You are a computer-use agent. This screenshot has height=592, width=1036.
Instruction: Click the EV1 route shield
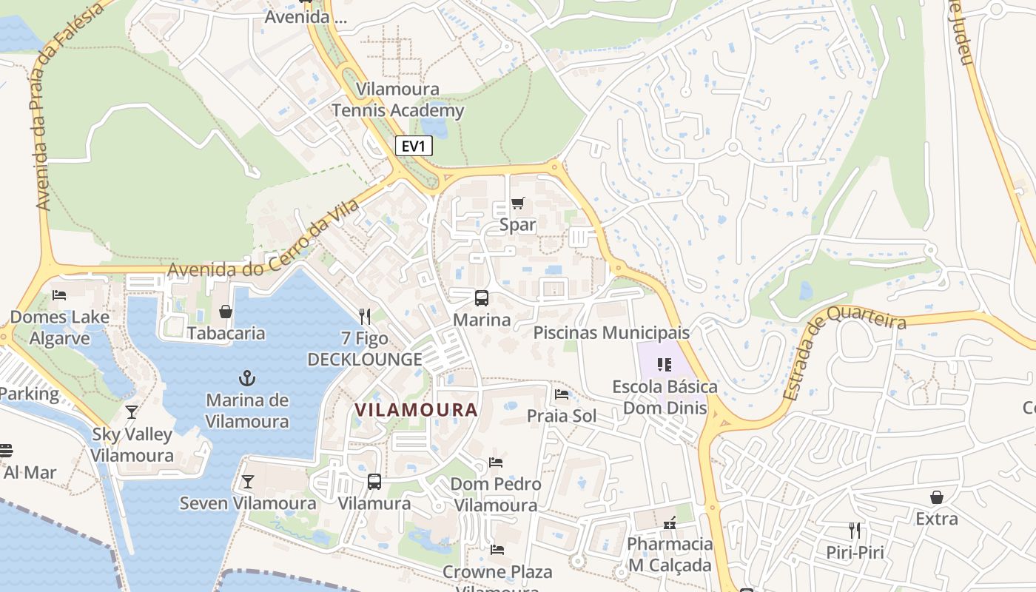click(x=414, y=146)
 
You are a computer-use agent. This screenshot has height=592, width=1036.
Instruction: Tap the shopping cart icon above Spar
click(x=518, y=203)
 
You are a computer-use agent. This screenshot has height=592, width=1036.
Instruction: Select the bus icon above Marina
click(x=482, y=298)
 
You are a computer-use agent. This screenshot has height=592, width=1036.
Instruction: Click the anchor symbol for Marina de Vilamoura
click(x=247, y=379)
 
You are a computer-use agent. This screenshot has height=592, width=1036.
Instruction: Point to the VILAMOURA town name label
click(x=416, y=409)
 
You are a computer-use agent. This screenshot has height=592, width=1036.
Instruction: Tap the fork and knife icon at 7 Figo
click(x=365, y=317)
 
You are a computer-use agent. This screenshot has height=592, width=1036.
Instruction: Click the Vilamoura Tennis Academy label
click(x=398, y=100)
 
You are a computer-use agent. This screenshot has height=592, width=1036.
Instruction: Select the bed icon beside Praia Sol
click(x=562, y=394)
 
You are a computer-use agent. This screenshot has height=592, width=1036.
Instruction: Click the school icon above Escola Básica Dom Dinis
click(x=664, y=364)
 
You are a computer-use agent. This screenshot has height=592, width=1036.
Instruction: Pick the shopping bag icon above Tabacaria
click(x=226, y=312)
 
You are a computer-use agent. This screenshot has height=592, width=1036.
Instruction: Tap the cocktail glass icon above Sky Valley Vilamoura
click(x=132, y=412)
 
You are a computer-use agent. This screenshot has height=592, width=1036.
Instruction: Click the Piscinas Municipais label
click(x=611, y=333)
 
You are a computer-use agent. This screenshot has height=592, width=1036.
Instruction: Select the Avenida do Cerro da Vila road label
click(x=263, y=238)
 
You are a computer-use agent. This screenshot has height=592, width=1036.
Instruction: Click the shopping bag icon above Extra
click(x=937, y=497)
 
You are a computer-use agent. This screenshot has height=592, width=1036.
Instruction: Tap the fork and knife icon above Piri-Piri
click(x=855, y=531)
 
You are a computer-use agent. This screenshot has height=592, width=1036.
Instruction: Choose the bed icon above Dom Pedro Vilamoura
click(x=496, y=462)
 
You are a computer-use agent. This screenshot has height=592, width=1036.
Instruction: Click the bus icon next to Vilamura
click(x=374, y=482)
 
